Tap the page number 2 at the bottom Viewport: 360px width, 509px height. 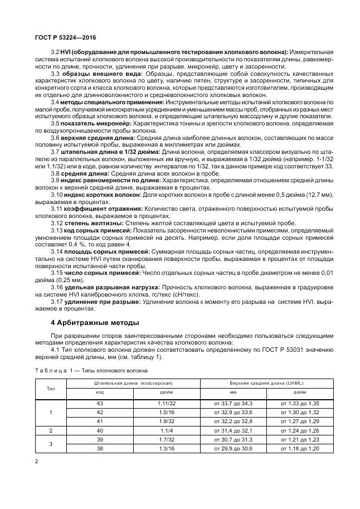pos(36,462)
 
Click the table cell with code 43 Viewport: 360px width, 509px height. pos(100,403)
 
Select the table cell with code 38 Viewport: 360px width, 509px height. pos(100,449)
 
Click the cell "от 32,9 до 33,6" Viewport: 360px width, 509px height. pos(233,412)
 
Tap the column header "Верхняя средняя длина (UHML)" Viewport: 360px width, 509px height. pos(267,384)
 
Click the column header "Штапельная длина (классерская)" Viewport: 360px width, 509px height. pos(133,384)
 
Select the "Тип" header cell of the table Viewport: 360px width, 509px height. pos(51,388)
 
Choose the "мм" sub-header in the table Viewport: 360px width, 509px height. pos(233,392)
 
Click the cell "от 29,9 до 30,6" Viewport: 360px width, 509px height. pos(233,449)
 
